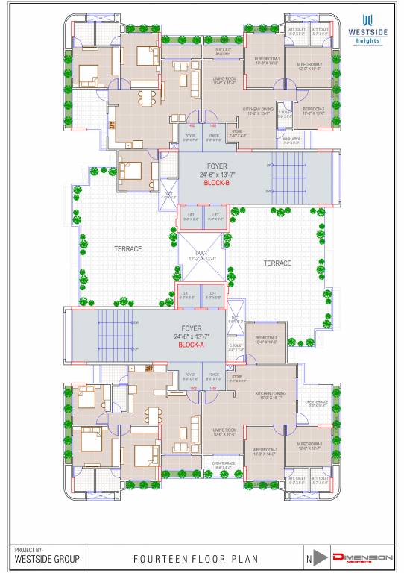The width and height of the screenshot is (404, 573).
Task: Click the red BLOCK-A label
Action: coord(192,346)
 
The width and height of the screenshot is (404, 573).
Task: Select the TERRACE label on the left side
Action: coord(127,248)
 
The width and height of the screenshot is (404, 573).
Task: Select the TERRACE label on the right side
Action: coord(277,263)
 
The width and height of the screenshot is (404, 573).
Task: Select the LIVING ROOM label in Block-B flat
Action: coord(224,79)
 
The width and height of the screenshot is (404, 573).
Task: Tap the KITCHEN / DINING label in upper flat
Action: coord(258,111)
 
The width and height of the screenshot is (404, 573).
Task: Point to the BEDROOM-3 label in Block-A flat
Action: coord(265,340)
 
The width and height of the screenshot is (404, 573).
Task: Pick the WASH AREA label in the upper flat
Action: coord(291,139)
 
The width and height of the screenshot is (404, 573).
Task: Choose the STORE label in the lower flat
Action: coord(238,378)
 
